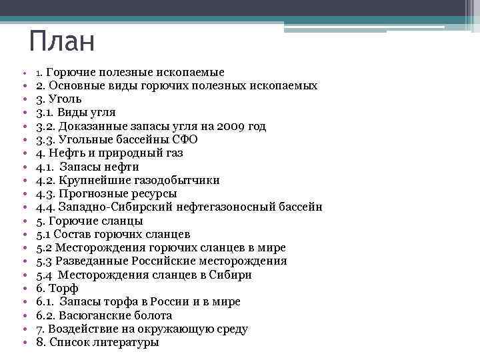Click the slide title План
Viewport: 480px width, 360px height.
tap(63, 41)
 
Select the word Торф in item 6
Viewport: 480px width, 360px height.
tap(64, 289)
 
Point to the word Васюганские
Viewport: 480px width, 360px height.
tap(95, 315)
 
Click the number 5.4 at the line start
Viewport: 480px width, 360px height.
tap(45, 275)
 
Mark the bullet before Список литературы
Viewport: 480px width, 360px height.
tap(23, 343)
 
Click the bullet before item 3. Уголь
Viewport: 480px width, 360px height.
tap(23, 99)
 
